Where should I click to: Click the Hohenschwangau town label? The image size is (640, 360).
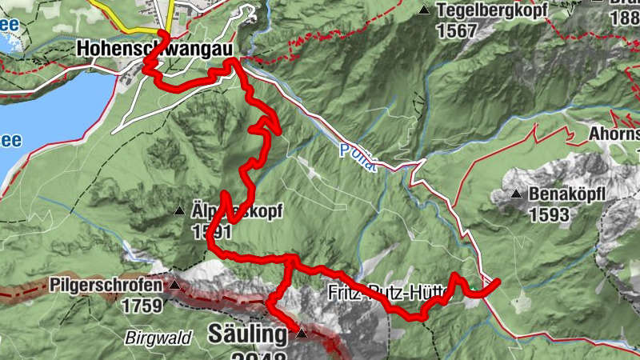coord(155,49)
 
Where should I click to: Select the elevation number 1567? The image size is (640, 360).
coord(457,31)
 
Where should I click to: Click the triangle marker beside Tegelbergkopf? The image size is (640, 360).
coord(423,10)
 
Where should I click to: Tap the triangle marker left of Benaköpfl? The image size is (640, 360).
coord(517,194)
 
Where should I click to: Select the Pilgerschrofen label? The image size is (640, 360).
coord(107,285)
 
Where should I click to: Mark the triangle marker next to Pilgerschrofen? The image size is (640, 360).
coord(174,284)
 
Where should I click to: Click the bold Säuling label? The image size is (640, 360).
coord(247,333)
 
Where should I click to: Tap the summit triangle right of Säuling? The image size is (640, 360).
coord(301,333)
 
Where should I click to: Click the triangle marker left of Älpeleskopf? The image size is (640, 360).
coord(179,212)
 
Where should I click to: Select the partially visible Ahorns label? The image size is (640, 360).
coord(615,134)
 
